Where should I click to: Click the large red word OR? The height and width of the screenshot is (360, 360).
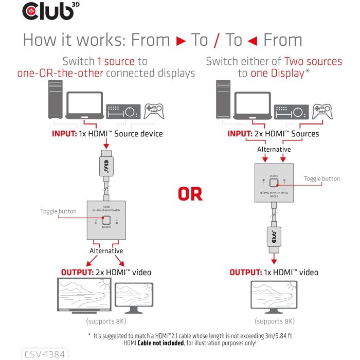click(x=190, y=194)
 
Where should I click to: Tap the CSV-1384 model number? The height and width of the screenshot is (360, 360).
click(x=45, y=354)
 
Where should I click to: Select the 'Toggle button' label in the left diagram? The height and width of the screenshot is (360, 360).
click(x=58, y=211)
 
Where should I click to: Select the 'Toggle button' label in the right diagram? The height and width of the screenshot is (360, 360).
click(x=321, y=179)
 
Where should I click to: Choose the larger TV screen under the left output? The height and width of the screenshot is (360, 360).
click(x=83, y=296)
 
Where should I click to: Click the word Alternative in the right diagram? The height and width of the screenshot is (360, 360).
click(x=274, y=150)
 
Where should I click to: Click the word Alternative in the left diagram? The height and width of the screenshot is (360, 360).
click(x=106, y=250)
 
